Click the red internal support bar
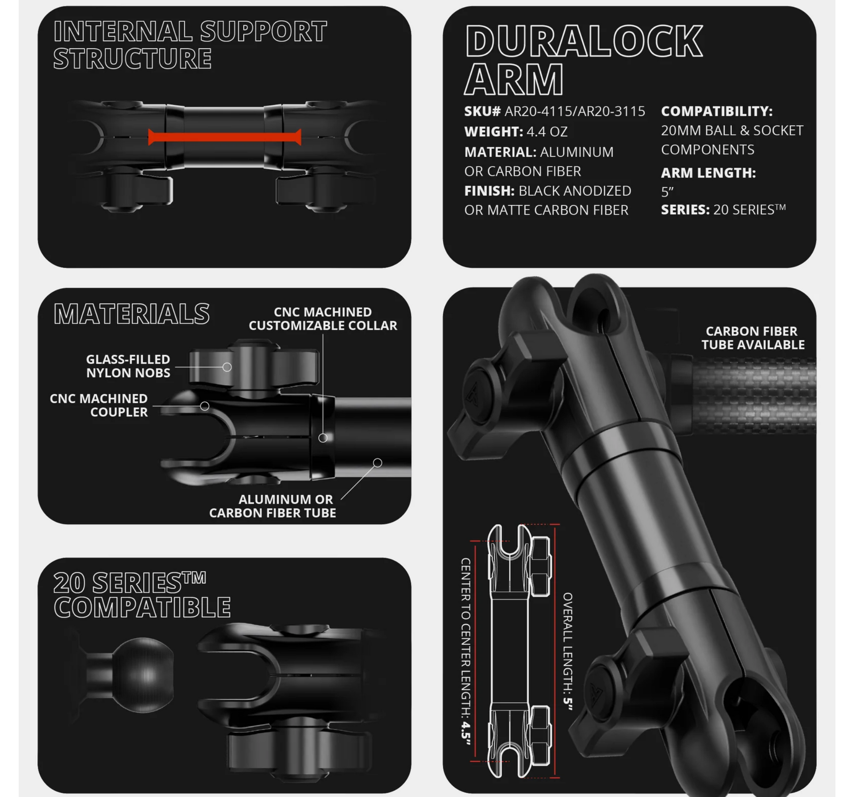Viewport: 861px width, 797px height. (225, 137)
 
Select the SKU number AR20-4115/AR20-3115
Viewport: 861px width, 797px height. (575, 111)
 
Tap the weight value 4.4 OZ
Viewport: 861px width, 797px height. (547, 131)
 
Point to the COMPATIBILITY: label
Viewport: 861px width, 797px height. (717, 111)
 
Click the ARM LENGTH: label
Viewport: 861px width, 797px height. (708, 173)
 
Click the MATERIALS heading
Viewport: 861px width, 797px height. (131, 314)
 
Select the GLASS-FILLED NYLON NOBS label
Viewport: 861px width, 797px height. (128, 366)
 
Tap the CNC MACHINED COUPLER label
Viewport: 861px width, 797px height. (99, 405)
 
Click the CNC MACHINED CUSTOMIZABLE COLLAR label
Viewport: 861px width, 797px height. (323, 319)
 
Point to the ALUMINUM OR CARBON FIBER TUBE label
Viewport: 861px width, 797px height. (273, 506)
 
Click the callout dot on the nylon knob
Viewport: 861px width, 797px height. (227, 367)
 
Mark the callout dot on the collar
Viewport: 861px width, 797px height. (323, 438)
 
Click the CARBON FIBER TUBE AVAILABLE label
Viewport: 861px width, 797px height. (753, 338)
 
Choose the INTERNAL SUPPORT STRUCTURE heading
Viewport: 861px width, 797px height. (190, 45)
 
